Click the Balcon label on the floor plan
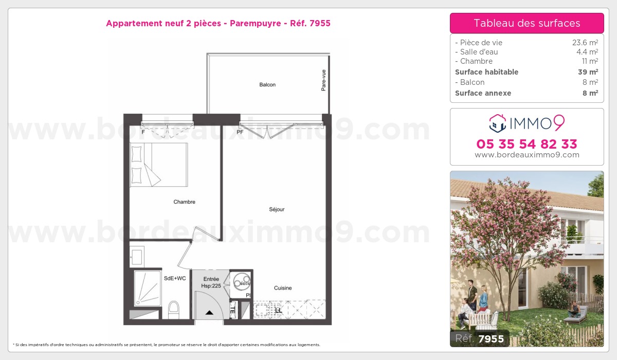point(267,85)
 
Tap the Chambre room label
point(184,202)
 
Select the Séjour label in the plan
point(277,209)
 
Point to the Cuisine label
point(283,288)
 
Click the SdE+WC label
point(175,278)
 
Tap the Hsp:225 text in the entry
point(211,285)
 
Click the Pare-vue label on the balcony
point(323,81)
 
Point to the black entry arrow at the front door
point(209,312)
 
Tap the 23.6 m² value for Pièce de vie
point(586,43)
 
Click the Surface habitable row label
point(486,72)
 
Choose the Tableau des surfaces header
point(527,23)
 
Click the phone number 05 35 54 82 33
point(527,143)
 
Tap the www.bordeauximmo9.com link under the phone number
point(527,155)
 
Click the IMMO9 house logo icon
point(498,123)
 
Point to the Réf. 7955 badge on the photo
point(480,339)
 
